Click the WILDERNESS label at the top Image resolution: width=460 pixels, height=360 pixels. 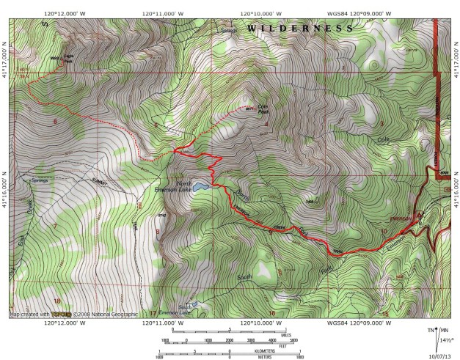pos(300,29)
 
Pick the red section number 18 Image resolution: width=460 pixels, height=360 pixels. pos(56,301)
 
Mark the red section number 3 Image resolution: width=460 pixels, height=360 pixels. pos(381,122)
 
